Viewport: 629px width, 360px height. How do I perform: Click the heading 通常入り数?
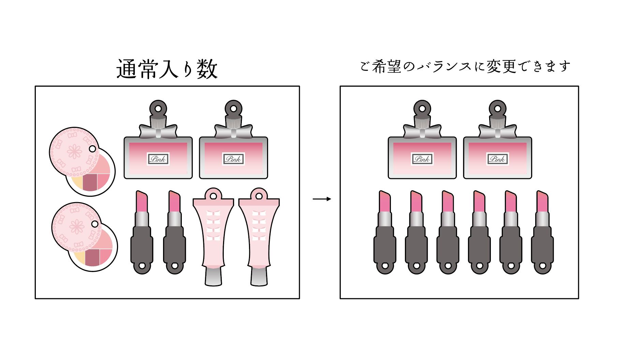pyautogui.click(x=167, y=69)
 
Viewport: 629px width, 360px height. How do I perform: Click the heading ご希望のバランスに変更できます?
pyautogui.click(x=465, y=66)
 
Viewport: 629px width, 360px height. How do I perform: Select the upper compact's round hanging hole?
pyautogui.click(x=92, y=149)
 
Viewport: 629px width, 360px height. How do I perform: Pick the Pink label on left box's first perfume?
pyautogui.click(x=158, y=159)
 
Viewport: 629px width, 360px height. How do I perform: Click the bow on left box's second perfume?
pyautogui.click(x=234, y=131)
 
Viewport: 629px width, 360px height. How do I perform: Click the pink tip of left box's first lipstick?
pyautogui.click(x=142, y=201)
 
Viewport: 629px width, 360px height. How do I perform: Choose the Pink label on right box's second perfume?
pyautogui.click(x=497, y=159)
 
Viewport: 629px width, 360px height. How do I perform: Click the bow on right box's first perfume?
pyautogui.click(x=422, y=131)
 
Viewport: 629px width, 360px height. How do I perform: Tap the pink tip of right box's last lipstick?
pyautogui.click(x=542, y=201)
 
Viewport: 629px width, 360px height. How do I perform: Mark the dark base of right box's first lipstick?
pyautogui.click(x=385, y=250)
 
